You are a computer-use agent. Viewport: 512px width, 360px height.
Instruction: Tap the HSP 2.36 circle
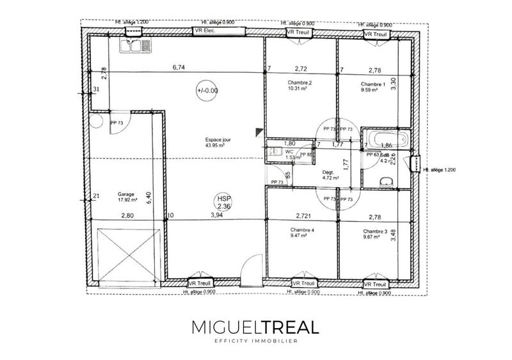click(x=224, y=203)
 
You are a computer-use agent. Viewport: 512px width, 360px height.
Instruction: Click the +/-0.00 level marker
click(x=207, y=91)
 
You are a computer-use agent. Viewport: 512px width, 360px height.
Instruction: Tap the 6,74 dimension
click(x=179, y=67)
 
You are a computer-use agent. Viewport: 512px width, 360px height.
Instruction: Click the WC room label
click(x=289, y=152)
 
